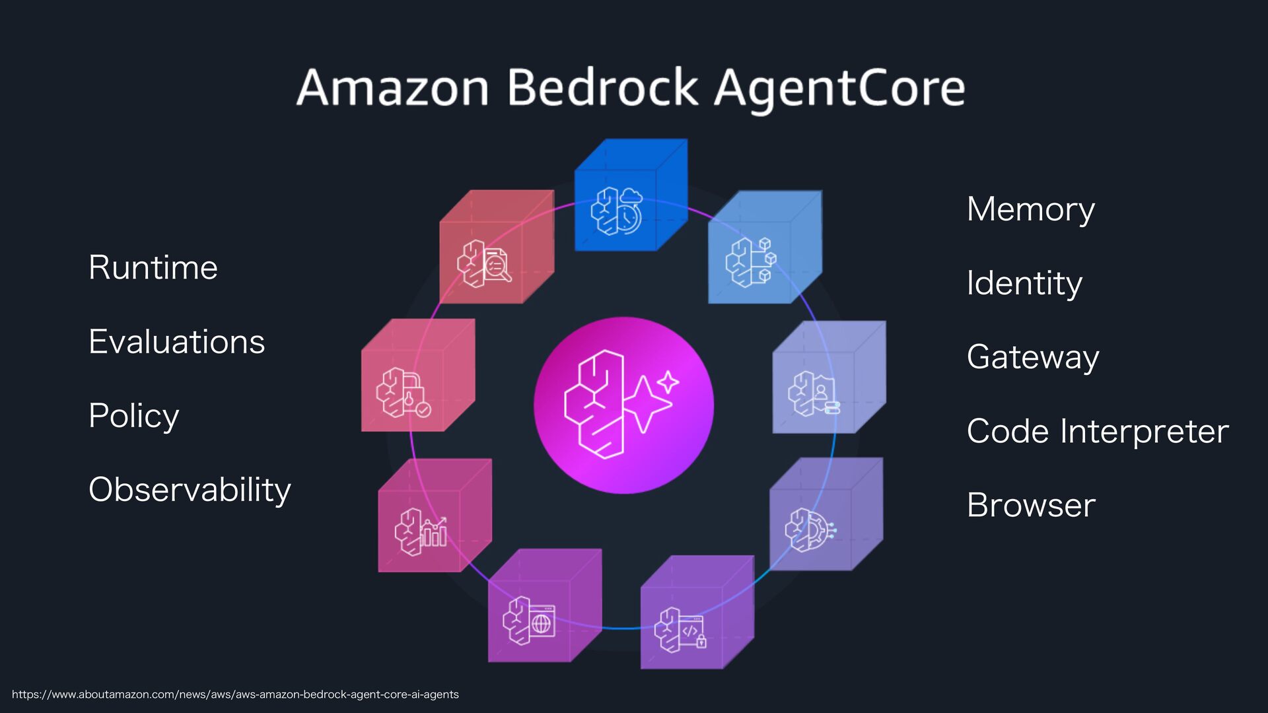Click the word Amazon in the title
pyautogui.click(x=392, y=88)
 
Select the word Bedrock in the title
pyautogui.click(x=602, y=88)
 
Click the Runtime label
pyautogui.click(x=153, y=267)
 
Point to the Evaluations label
pyautogui.click(x=177, y=341)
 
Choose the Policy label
pyautogui.click(x=134, y=416)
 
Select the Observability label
pyautogui.click(x=190, y=490)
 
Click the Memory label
pyautogui.click(x=1030, y=209)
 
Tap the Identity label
pyautogui.click(x=1024, y=283)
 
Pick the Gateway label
pyautogui.click(x=1033, y=357)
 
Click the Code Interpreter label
pyautogui.click(x=1098, y=431)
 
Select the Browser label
pyautogui.click(x=1031, y=505)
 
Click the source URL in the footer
pyautogui.click(x=235, y=695)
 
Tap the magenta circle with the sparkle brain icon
pyautogui.click(x=623, y=405)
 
